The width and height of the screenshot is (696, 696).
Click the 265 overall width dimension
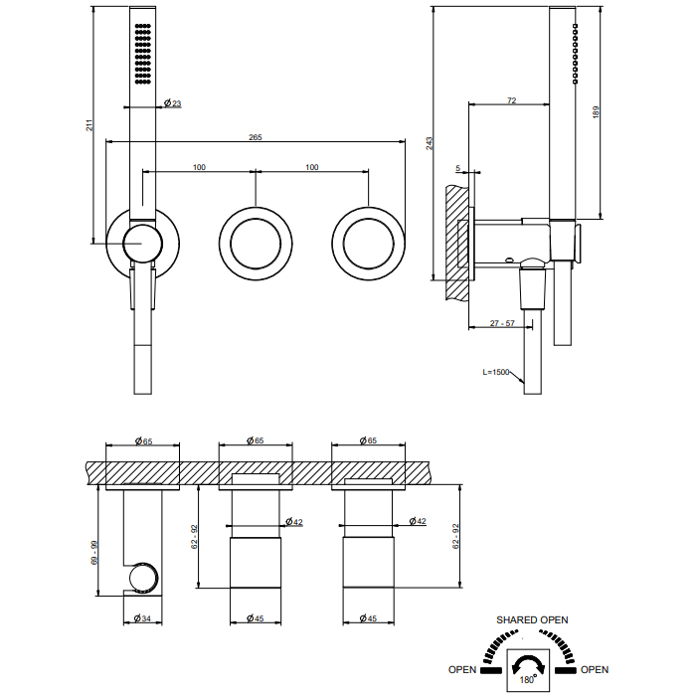point(256,137)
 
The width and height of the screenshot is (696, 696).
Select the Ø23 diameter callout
point(171,103)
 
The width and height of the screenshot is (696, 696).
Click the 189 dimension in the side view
point(596,112)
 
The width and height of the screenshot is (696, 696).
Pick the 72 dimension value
point(511,99)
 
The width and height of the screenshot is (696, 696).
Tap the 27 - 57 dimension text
point(501,323)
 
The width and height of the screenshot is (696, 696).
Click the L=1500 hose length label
point(495,372)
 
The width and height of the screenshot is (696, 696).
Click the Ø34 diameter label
point(141,618)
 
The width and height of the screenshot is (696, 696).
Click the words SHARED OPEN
point(532,619)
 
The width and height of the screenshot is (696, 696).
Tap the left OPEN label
point(462,669)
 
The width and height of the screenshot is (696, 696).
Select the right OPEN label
point(594,669)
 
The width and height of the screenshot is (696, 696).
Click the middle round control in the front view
point(257,242)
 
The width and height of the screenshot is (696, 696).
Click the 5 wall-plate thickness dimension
point(458,169)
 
